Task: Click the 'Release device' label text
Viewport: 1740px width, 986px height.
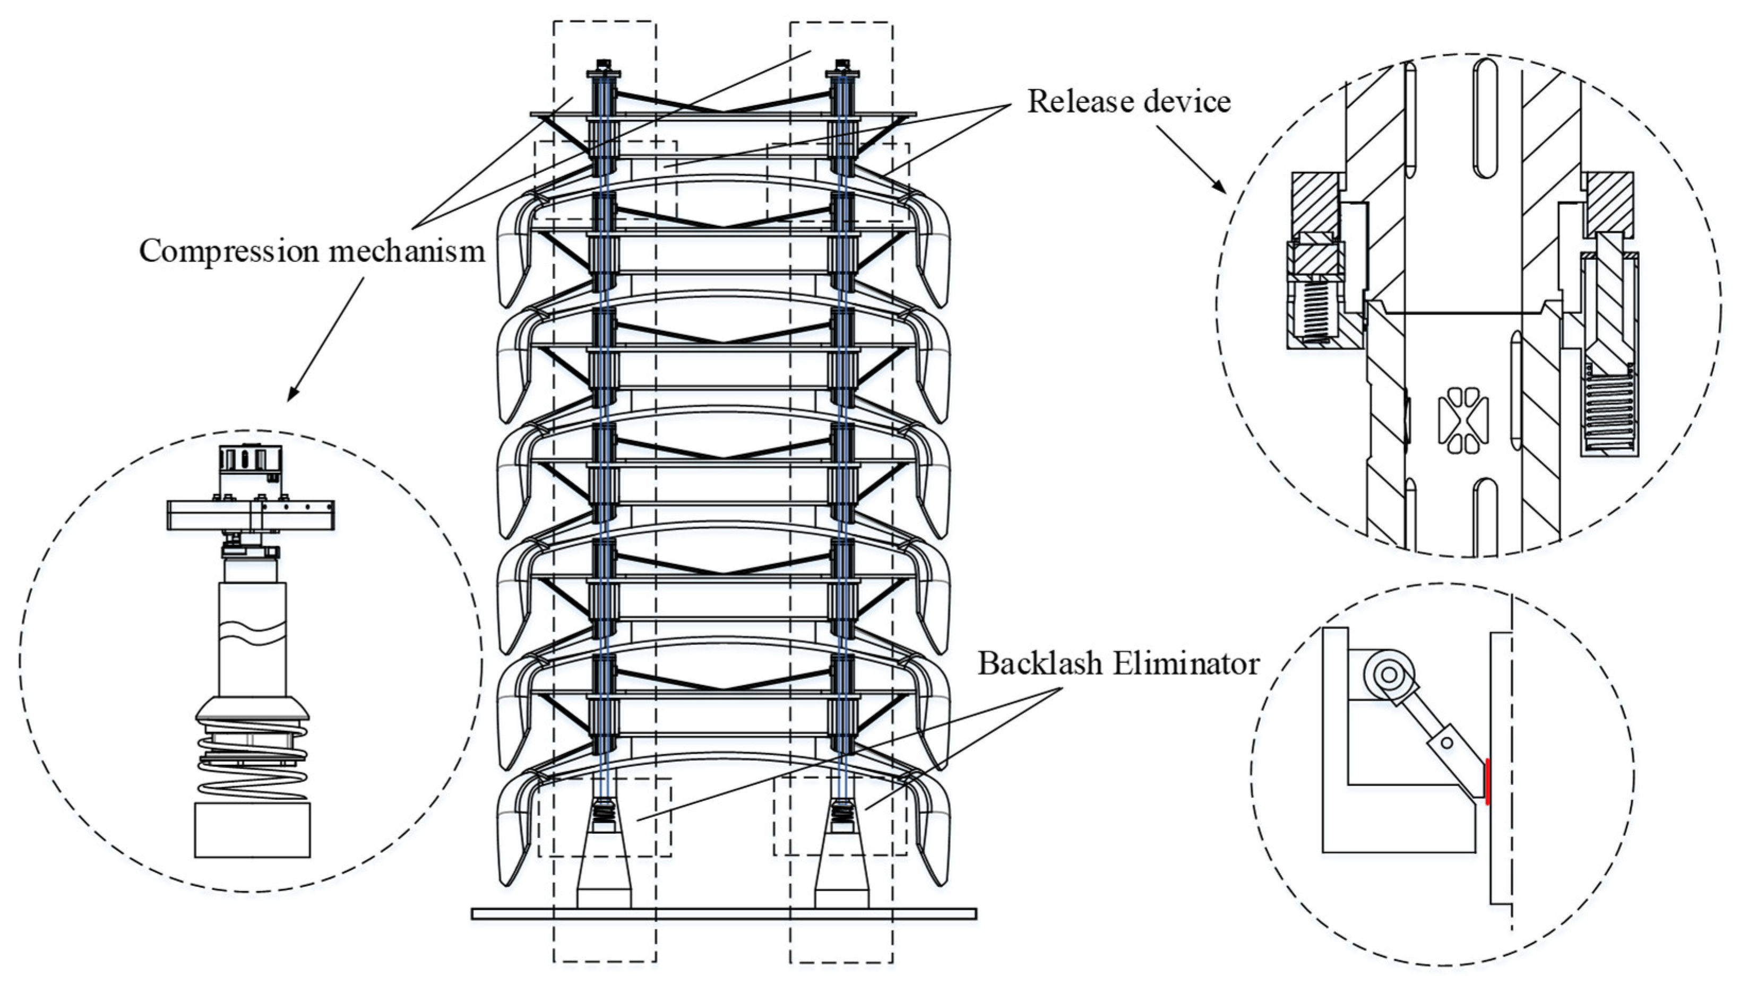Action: click(1128, 102)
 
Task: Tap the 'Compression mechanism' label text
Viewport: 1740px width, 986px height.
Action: click(312, 251)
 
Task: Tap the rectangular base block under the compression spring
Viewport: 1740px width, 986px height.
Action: click(252, 830)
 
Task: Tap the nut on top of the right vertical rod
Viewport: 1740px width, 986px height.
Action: click(842, 67)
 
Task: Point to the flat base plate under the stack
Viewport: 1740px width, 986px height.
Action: click(723, 913)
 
